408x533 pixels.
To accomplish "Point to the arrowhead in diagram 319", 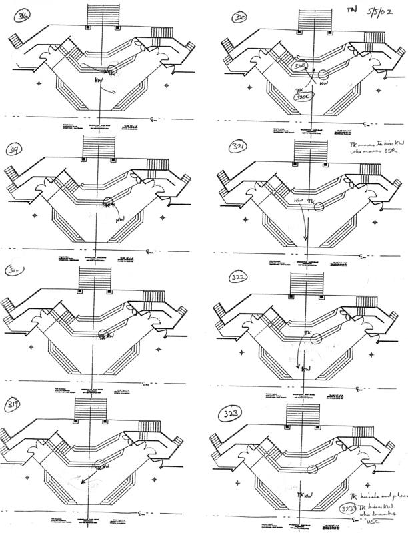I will [x=80, y=486].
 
